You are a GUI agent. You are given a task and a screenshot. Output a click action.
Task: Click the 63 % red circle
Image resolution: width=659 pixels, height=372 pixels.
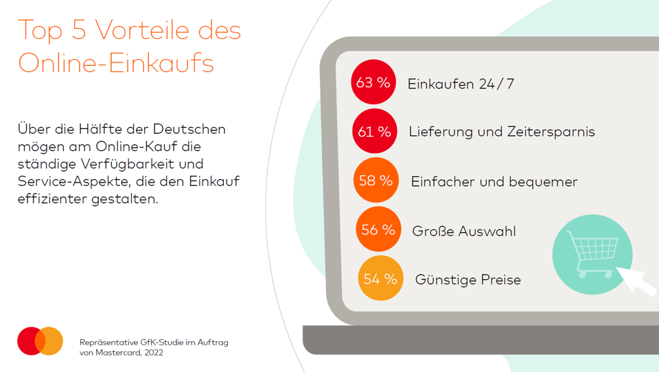(x=373, y=82)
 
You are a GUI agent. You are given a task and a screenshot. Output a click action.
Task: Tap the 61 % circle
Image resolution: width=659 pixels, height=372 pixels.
(x=375, y=131)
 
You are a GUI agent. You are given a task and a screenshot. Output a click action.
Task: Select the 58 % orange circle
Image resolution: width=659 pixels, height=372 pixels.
(x=376, y=181)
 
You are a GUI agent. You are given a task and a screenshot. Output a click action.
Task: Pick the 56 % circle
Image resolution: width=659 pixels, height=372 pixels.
(x=378, y=229)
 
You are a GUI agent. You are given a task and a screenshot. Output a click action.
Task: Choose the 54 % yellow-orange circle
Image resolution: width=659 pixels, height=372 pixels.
(x=380, y=279)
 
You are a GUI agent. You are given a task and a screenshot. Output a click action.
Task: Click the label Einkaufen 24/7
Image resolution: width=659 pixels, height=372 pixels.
(x=461, y=84)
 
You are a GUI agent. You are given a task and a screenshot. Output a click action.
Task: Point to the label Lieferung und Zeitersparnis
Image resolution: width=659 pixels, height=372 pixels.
(x=502, y=132)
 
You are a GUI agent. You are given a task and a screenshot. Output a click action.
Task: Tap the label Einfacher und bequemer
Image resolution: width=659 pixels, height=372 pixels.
(x=494, y=182)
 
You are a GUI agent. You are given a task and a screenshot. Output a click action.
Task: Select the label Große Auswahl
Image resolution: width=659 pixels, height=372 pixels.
(x=464, y=231)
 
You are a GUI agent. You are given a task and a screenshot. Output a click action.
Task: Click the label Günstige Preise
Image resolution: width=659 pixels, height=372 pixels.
(x=468, y=280)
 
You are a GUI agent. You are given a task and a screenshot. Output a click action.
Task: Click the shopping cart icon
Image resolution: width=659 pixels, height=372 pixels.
(x=591, y=253)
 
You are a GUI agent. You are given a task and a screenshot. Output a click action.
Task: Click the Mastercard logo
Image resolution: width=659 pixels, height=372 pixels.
(x=41, y=341)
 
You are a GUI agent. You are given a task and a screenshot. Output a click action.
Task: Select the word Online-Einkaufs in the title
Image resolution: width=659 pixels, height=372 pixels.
(x=116, y=64)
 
